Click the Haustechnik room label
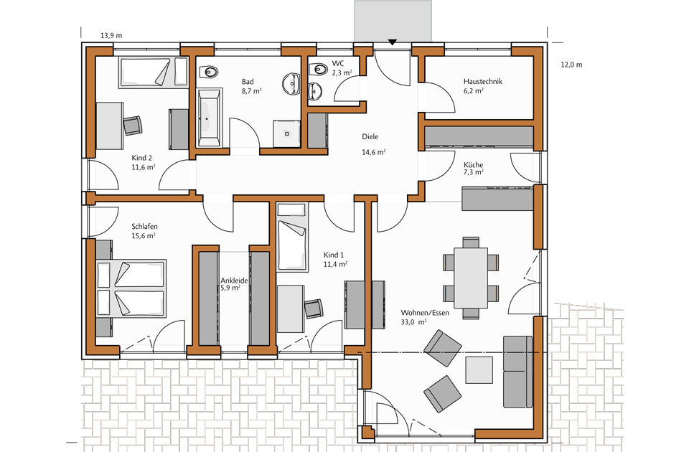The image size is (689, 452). tap(482, 81)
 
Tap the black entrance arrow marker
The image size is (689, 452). tap(393, 42)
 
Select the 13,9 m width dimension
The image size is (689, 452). tap(111, 35)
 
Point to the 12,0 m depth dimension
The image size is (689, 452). tap(571, 65)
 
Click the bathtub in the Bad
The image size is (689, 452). tap(209, 117)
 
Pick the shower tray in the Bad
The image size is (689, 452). tap(287, 133)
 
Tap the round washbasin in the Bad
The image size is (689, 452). tap(291, 83)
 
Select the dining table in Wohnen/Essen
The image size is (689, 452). tap(471, 278)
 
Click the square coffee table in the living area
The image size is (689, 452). tap(479, 370)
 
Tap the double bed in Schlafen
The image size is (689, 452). tap(131, 288)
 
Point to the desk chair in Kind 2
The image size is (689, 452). tap(133, 126)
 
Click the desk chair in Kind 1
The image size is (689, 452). tap(314, 309)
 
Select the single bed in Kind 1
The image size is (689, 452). tap(292, 237)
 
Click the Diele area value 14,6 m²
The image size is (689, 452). tap(373, 152)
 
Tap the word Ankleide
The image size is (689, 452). tap(234, 281)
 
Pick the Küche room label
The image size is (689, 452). tap(473, 165)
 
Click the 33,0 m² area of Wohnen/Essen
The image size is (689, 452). tap(413, 322)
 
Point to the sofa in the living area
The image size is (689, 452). tap(517, 372)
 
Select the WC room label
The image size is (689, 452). tap(338, 64)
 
